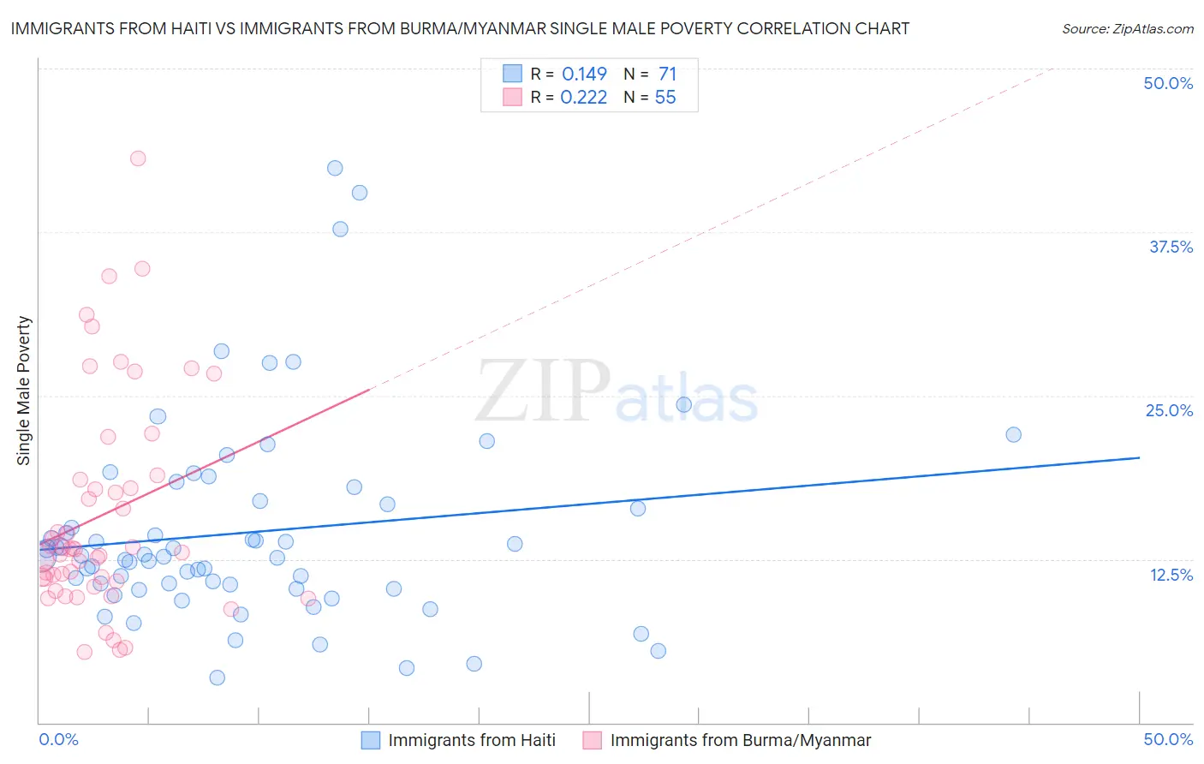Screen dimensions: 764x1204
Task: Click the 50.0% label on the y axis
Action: point(1168,83)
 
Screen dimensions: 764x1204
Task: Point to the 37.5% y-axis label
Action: point(1171,247)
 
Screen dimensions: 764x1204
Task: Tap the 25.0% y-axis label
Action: point(1169,410)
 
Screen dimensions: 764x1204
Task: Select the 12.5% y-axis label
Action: point(1171,574)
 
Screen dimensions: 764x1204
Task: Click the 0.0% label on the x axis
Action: point(58,739)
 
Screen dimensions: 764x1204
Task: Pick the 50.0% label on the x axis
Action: point(1168,739)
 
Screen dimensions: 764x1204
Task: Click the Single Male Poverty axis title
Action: point(24,391)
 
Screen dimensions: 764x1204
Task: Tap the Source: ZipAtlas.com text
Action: point(1127,28)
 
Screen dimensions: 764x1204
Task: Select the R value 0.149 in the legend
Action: point(584,74)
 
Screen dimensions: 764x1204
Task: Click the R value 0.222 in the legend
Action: point(583,98)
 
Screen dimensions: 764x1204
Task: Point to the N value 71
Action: point(667,74)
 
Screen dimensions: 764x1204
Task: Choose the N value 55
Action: point(665,98)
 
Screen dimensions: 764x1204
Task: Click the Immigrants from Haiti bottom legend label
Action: point(471,740)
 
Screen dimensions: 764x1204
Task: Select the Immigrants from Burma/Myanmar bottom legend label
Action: point(740,740)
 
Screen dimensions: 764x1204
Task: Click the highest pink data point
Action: point(138,158)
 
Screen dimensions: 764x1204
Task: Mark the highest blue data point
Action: point(335,168)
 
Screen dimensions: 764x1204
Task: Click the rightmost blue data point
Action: point(1013,434)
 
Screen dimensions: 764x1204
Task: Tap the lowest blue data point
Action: point(218,677)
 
